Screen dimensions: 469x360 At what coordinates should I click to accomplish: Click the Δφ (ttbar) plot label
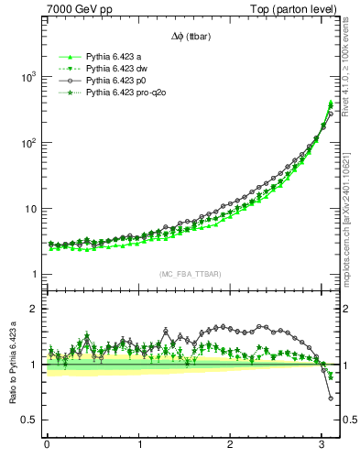[x=190, y=37]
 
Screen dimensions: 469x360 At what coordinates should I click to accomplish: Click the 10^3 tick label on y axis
[x=27, y=77]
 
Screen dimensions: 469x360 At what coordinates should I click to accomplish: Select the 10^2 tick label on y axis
[x=27, y=143]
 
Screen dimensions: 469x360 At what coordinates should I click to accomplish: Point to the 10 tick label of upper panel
[x=29, y=209]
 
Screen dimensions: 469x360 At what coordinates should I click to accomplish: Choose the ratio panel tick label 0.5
[x=30, y=420]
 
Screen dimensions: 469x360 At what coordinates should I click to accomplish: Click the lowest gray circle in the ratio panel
[x=331, y=398]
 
